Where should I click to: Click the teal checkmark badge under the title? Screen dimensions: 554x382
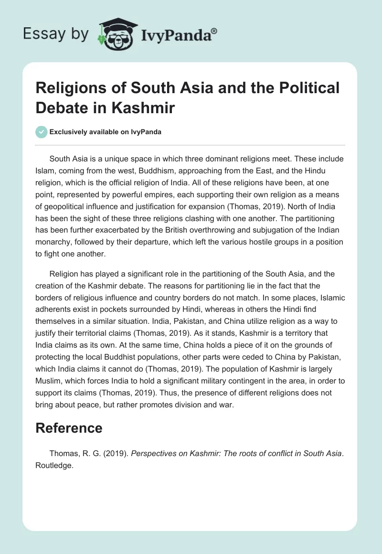click(42, 132)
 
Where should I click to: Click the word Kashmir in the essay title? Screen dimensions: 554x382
click(147, 107)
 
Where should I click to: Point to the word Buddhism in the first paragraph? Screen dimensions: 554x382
click(178, 171)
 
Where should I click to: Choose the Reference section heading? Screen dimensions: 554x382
click(69, 428)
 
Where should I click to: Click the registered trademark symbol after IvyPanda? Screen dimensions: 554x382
click(214, 30)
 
